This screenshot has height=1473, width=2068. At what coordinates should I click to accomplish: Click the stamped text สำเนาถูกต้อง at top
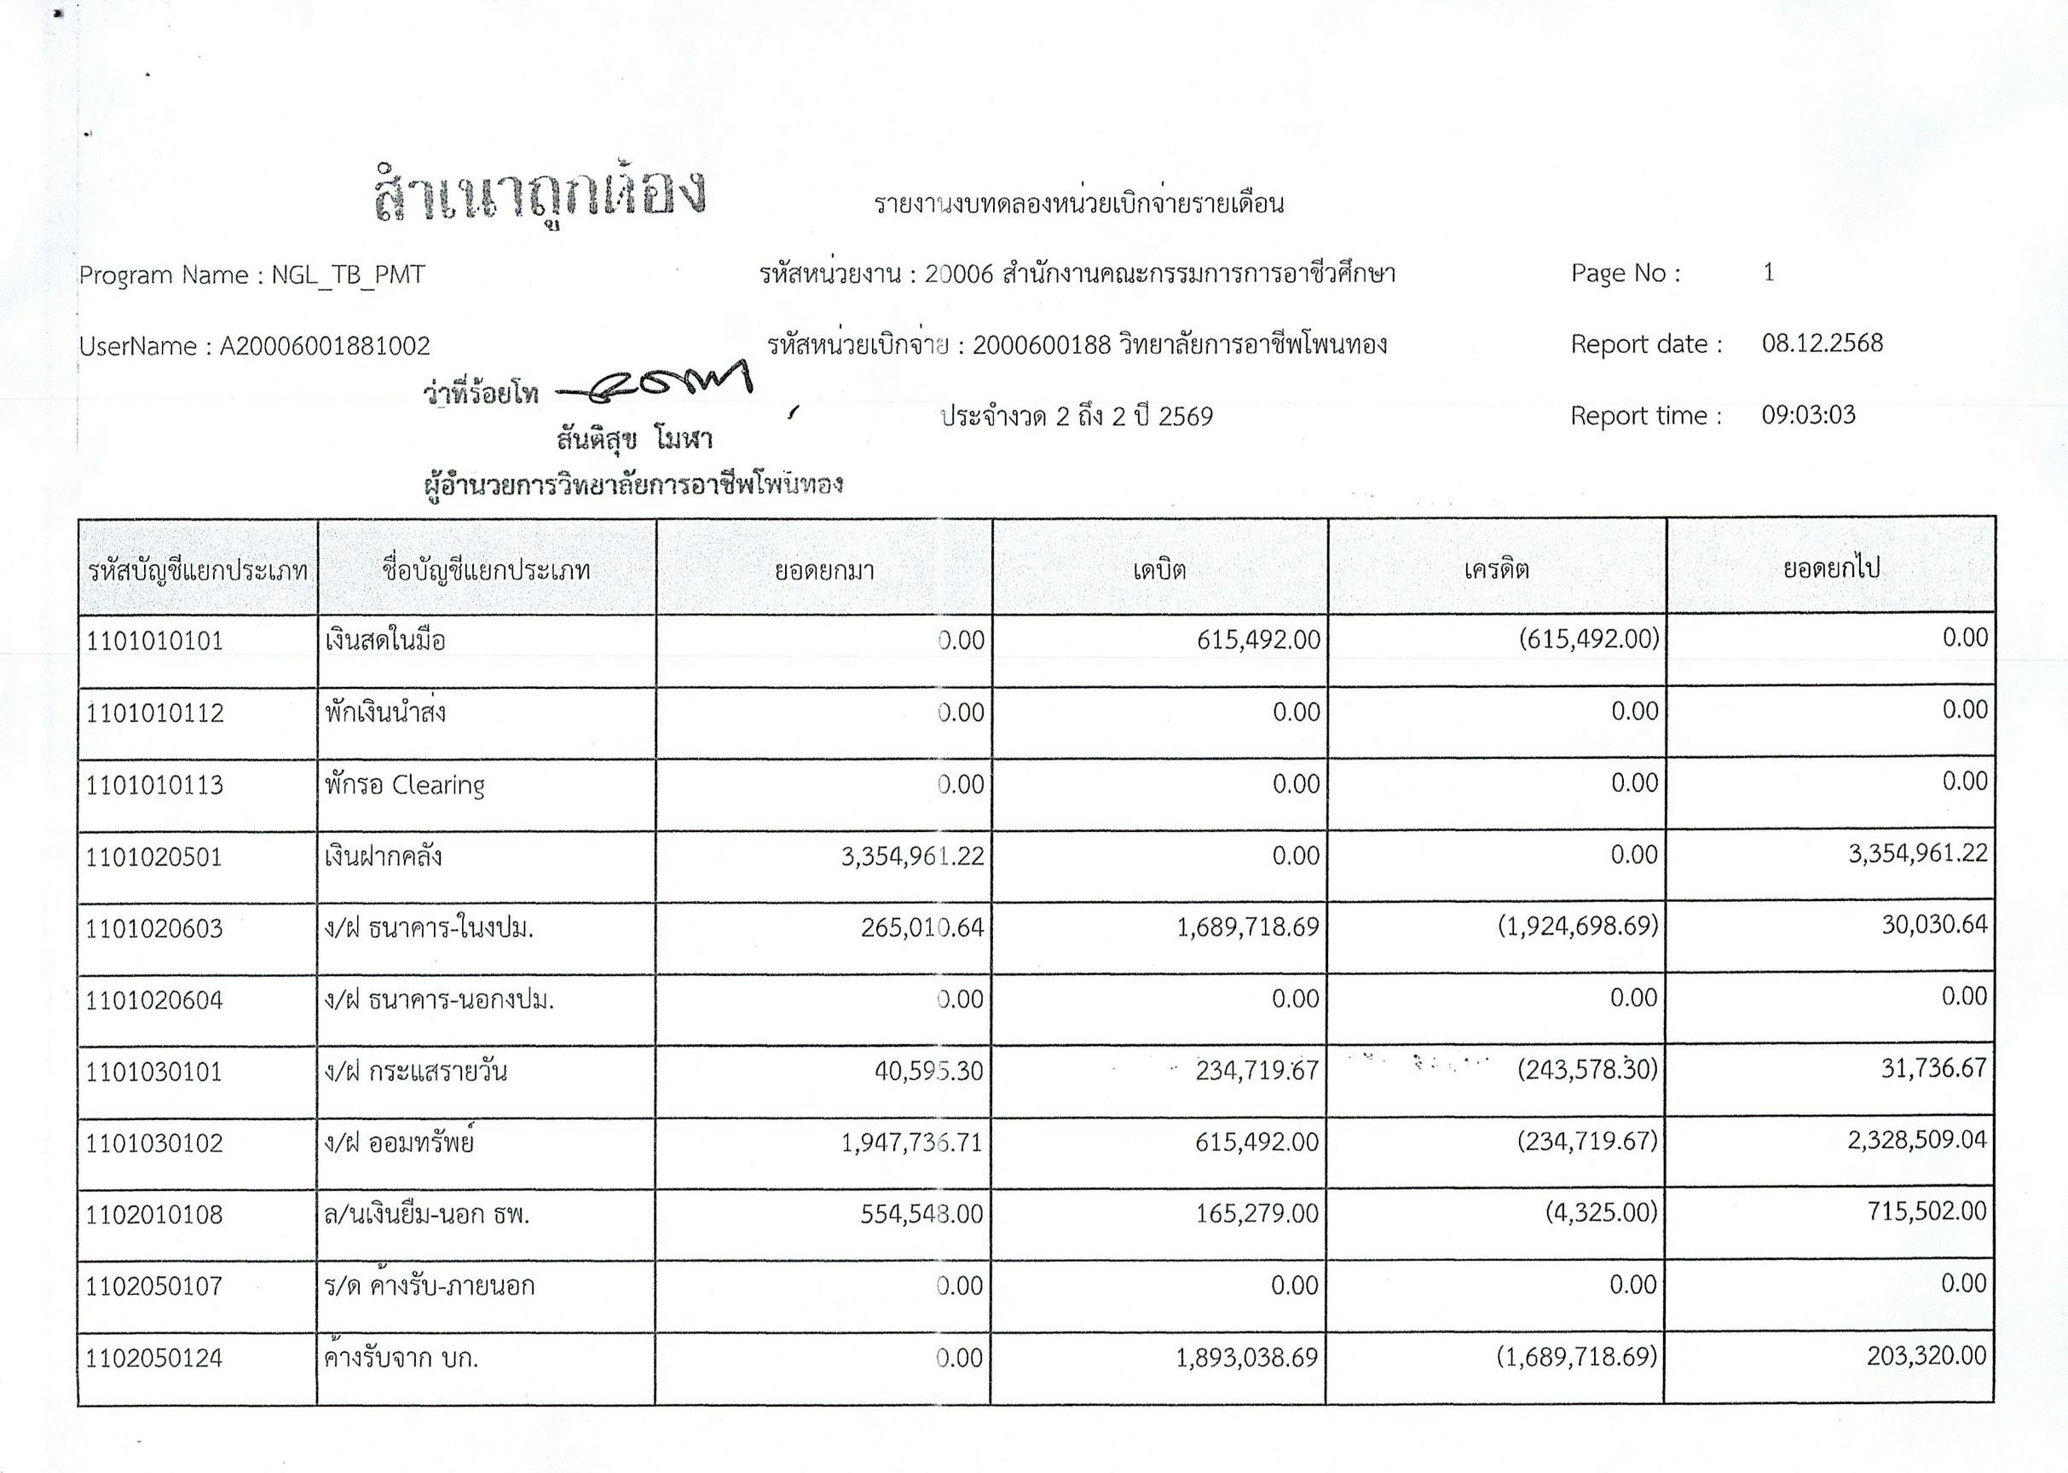coord(540,194)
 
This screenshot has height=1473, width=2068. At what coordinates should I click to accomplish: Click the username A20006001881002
coord(325,345)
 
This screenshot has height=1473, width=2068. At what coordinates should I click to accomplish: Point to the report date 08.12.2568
coord(1822,344)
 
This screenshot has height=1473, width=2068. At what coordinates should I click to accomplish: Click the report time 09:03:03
coord(1809,415)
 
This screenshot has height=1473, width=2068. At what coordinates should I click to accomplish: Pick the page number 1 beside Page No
coord(1769,273)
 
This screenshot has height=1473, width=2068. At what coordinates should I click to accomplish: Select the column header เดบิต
coord(1159,569)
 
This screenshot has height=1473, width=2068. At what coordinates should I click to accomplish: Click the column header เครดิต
coord(1497,569)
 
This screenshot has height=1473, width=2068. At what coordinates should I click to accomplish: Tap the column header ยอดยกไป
coord(1831,568)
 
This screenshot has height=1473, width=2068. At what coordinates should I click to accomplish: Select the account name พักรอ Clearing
coord(405,784)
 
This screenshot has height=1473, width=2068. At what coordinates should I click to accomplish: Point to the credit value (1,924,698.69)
coord(1577,926)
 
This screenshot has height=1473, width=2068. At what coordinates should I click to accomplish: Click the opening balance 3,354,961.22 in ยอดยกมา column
coord(912,856)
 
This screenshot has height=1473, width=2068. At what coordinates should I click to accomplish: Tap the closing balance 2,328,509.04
coord(1916,1140)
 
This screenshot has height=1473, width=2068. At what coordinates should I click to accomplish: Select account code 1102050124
coord(154,1359)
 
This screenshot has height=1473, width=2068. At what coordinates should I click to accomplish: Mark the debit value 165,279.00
coord(1256,1214)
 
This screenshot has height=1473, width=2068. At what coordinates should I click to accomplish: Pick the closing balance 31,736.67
coord(1934,1068)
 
